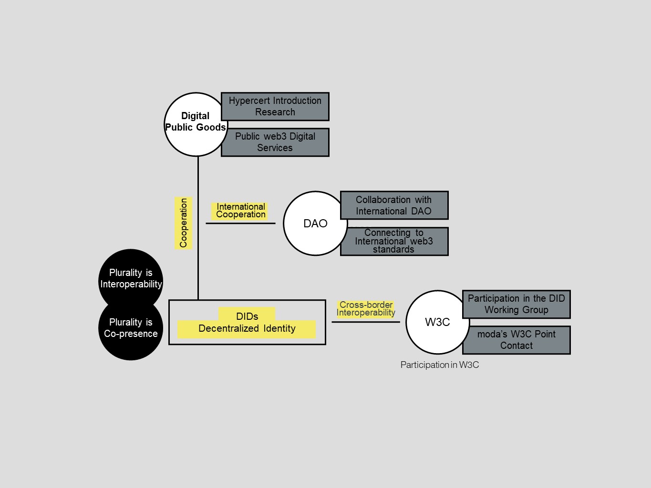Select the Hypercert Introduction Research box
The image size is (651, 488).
(x=275, y=106)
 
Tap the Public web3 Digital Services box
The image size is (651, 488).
(x=275, y=142)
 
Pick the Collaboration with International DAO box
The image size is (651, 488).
(x=394, y=205)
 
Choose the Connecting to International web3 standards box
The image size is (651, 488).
(x=394, y=242)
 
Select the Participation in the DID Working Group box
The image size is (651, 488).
(x=517, y=304)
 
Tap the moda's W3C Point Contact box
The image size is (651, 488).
(x=517, y=340)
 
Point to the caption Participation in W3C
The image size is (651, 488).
(x=440, y=365)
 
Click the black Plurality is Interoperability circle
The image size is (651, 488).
(x=131, y=278)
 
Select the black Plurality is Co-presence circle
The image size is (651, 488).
(x=131, y=329)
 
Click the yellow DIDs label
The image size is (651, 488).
(x=247, y=315)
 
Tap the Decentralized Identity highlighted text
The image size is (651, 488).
(x=247, y=329)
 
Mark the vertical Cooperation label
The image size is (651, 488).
(x=184, y=223)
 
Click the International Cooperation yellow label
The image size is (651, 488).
(x=240, y=211)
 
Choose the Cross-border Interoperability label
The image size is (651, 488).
(x=366, y=309)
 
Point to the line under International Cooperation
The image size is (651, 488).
(x=240, y=223)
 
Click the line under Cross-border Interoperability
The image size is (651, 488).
(x=366, y=322)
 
